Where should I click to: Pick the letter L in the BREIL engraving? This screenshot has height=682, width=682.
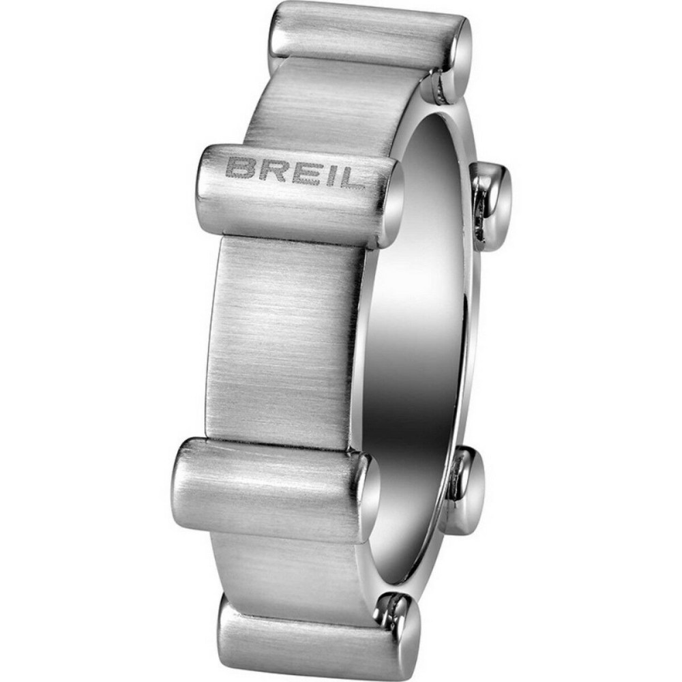point(346,178)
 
